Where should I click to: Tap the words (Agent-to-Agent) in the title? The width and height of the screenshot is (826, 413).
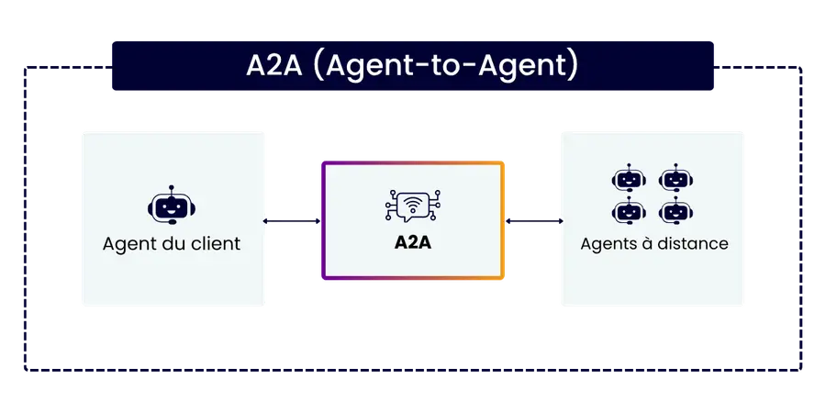tap(446, 67)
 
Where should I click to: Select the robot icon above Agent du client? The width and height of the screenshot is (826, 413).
tap(172, 207)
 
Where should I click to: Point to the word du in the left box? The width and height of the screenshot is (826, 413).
tap(171, 245)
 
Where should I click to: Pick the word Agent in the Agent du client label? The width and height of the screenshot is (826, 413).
tap(128, 245)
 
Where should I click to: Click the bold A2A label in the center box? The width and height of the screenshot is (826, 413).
tap(413, 245)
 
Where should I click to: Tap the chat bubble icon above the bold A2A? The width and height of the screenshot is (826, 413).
tap(412, 207)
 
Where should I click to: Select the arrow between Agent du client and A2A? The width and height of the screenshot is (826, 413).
tap(292, 221)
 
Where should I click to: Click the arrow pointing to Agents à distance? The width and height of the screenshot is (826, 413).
tap(533, 221)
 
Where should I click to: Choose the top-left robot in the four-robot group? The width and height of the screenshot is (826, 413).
tap(627, 180)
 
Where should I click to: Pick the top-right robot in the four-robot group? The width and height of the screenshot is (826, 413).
tap(675, 180)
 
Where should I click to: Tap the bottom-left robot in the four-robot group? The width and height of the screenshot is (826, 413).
tap(627, 212)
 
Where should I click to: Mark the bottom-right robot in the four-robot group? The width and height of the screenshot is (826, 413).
tap(675, 212)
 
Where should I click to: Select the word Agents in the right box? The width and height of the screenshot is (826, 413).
tap(607, 244)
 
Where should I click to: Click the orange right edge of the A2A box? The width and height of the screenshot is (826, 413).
tap(504, 220)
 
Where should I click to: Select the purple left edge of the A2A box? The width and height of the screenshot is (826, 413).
tap(321, 220)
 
